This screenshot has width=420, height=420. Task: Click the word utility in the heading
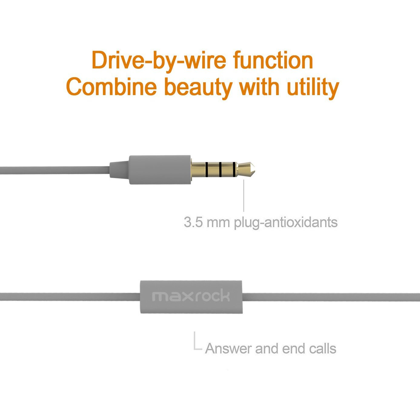313,88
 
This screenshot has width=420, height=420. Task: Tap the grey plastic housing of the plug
160,170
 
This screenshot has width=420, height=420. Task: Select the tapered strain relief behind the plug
119,170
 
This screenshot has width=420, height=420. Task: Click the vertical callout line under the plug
244,196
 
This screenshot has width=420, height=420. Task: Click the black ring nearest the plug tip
234,169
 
